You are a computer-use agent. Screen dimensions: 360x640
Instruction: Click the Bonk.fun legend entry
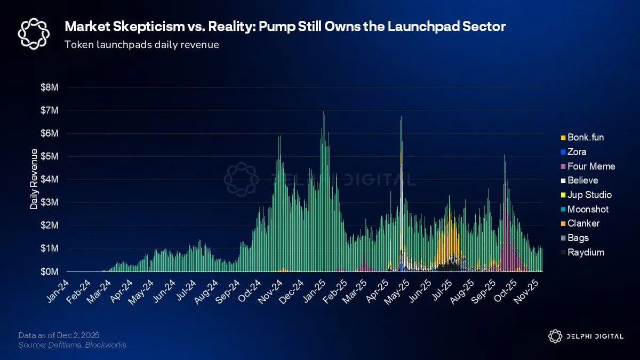585,138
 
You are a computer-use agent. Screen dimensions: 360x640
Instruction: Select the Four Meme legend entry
590,166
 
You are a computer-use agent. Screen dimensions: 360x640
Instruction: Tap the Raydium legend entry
586,252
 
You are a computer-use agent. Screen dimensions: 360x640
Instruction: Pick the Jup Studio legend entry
589,195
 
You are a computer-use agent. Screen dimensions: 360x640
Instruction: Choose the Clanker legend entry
583,223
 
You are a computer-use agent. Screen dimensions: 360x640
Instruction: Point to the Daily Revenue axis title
34,179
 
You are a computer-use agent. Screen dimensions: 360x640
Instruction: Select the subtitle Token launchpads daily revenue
141,45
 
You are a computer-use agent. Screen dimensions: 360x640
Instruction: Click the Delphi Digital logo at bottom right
585,336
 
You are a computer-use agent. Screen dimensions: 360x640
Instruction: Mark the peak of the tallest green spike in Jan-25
324,112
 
